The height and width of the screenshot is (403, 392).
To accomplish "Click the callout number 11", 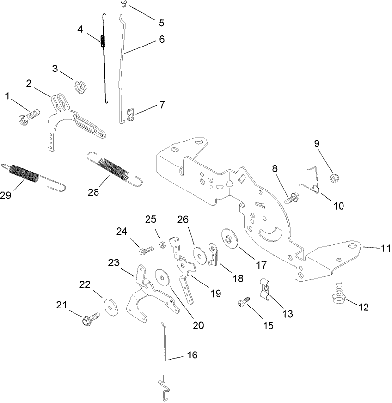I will (385, 248).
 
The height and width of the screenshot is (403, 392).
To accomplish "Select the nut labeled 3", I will (79, 87).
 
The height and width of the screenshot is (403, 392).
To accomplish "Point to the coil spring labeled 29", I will (24, 174).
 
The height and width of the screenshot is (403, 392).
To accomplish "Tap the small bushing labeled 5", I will (123, 4).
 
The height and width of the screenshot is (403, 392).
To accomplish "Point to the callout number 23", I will (114, 263).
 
